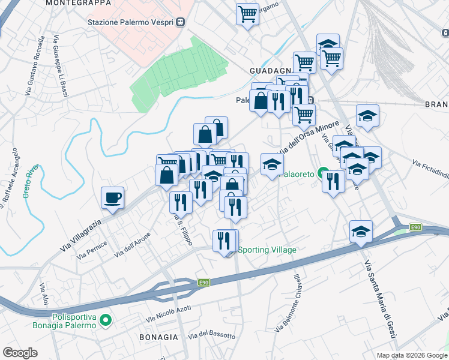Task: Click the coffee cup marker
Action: (112, 198)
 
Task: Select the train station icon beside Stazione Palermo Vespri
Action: (180, 22)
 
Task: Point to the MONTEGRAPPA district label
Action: (78, 3)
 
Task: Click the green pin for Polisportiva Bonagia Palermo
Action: (106, 320)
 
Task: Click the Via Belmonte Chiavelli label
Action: (288, 303)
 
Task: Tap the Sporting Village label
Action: (267, 250)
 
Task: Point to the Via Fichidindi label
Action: (430, 170)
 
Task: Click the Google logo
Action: (21, 352)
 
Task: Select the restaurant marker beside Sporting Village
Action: (224, 241)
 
